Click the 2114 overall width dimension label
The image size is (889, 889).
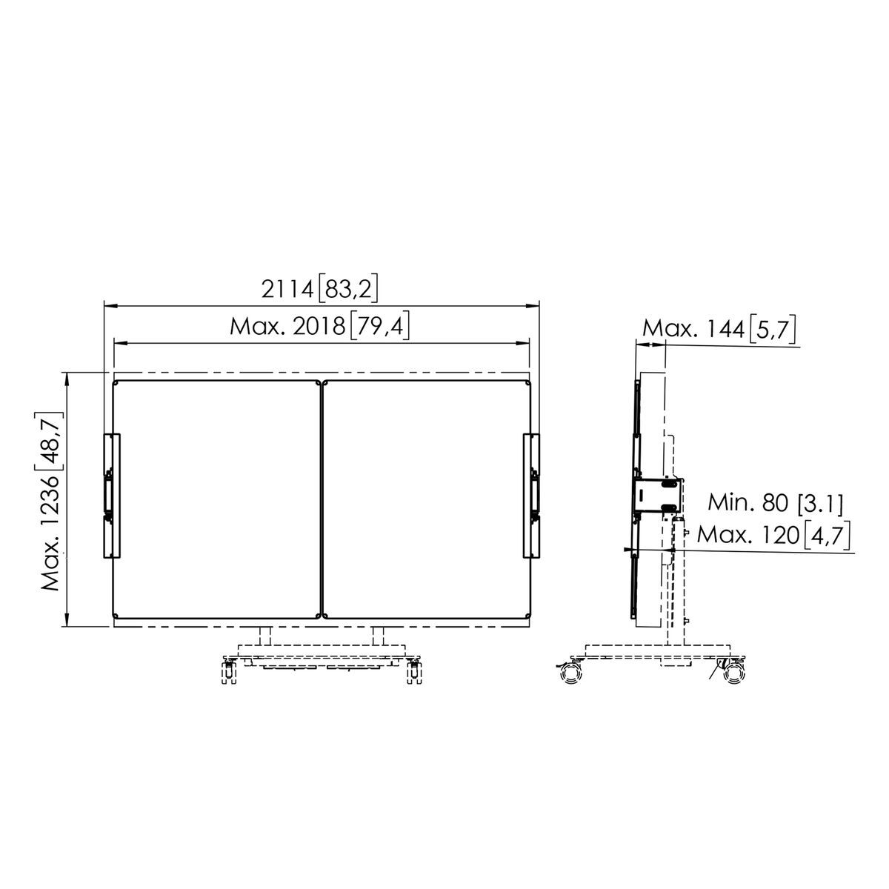pyautogui.click(x=319, y=290)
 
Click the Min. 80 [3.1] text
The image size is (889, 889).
pyautogui.click(x=775, y=502)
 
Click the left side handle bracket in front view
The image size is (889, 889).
pyautogui.click(x=112, y=496)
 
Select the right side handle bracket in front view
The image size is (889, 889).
pyautogui.click(x=531, y=496)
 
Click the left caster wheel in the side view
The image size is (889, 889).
pyautogui.click(x=571, y=674)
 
